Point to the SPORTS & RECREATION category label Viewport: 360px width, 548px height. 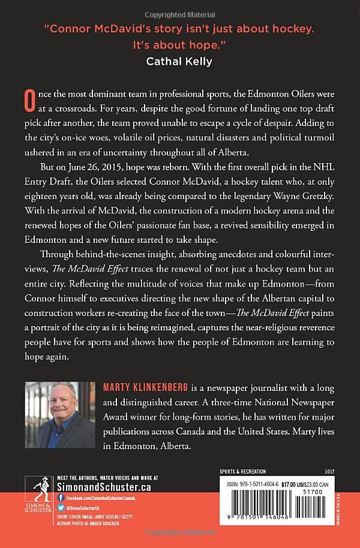(x=243, y=471)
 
